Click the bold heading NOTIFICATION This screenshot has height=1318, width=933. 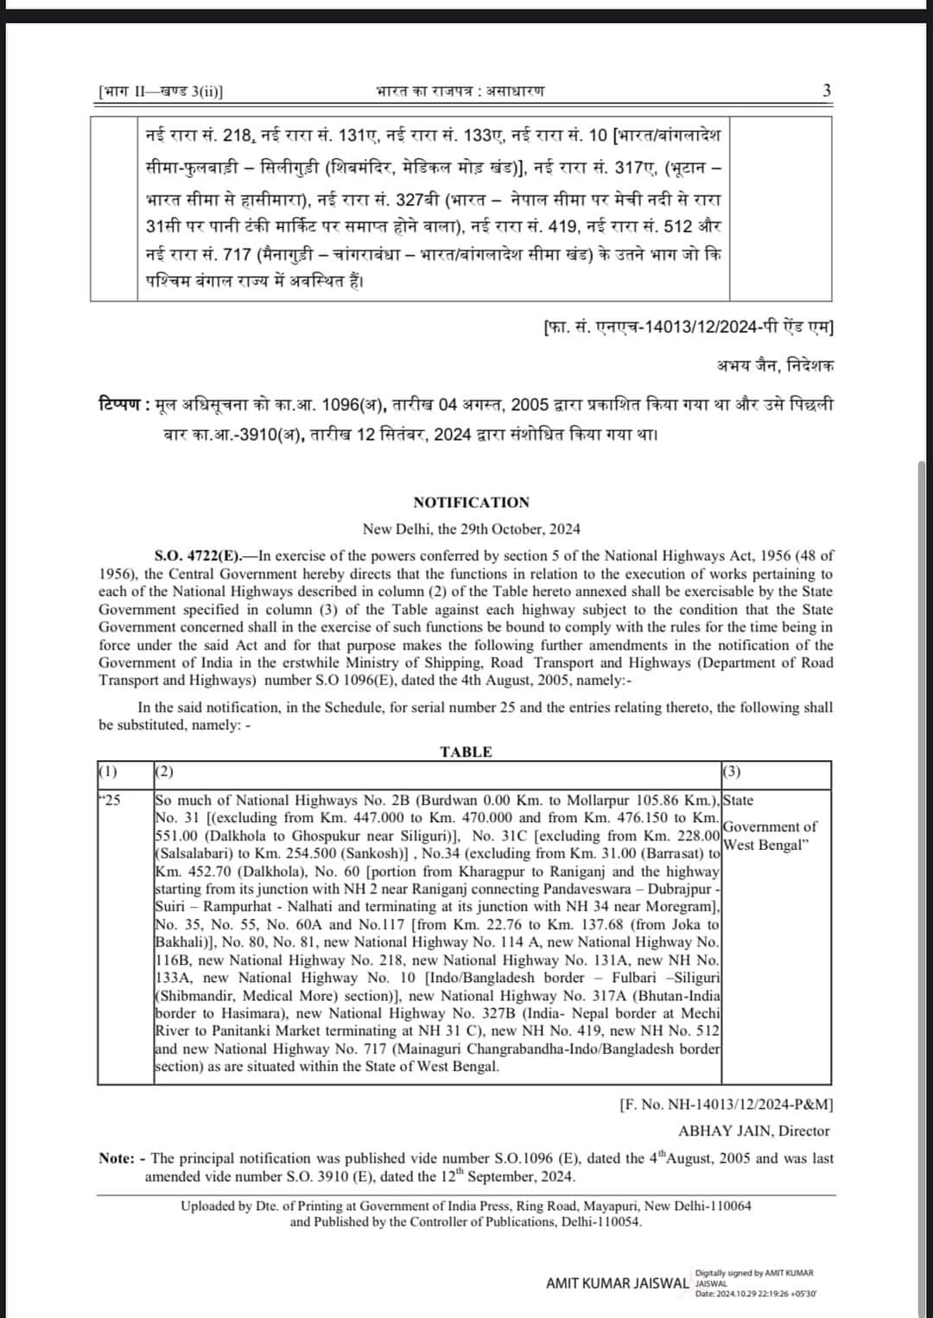click(471, 503)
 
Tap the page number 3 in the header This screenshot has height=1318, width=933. click(827, 91)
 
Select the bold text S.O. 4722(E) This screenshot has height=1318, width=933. click(200, 556)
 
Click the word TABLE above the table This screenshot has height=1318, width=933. click(466, 751)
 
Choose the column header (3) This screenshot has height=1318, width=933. click(731, 771)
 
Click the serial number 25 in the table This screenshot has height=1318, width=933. click(112, 801)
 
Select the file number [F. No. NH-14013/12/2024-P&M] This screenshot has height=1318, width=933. click(726, 1104)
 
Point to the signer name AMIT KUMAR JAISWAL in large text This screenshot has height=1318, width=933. click(617, 1283)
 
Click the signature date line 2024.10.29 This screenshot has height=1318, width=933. click(756, 1293)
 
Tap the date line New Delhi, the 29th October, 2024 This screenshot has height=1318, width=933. click(471, 529)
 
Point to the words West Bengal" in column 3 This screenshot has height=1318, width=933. click(766, 845)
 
